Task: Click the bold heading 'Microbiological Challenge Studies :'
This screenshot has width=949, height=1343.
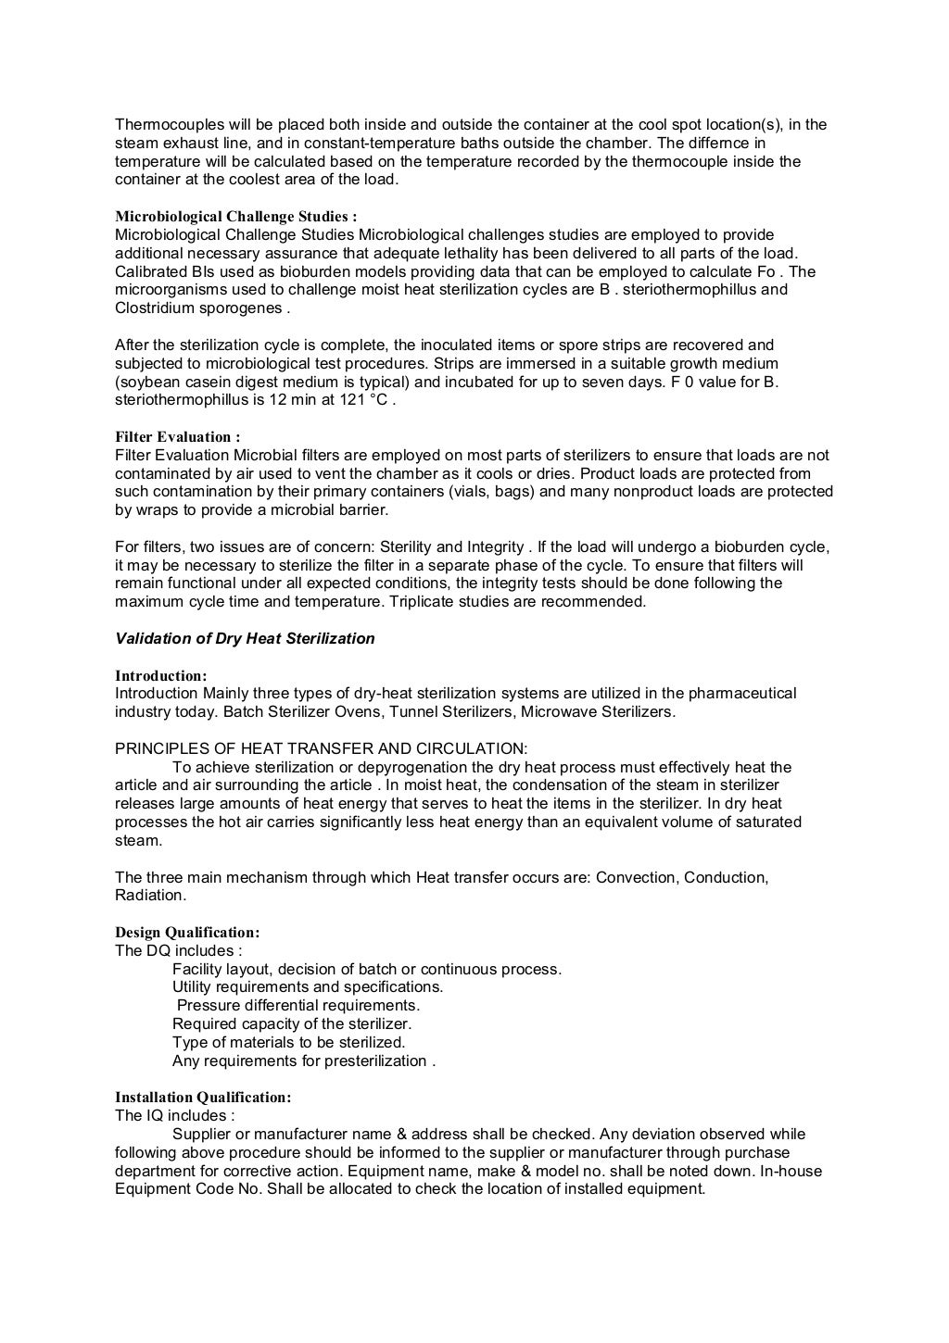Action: (x=235, y=217)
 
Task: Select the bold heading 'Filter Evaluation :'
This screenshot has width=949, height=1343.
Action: (x=177, y=437)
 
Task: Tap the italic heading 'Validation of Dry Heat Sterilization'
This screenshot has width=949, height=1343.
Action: (x=245, y=638)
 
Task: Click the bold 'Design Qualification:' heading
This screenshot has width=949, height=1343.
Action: (x=187, y=933)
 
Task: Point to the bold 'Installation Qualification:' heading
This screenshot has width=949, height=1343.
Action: (x=203, y=1098)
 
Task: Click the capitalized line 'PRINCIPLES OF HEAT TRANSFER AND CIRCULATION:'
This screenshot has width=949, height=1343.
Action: (x=321, y=748)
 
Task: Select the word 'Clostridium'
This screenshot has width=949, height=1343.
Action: (x=153, y=308)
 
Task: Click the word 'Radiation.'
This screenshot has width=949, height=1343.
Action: (x=150, y=896)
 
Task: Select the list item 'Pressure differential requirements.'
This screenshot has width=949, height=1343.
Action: (x=298, y=1006)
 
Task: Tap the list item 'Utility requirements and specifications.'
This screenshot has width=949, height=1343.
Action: (x=308, y=987)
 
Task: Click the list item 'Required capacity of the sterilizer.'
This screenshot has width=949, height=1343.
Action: (x=292, y=1024)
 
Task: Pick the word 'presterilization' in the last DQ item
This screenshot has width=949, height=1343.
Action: (x=375, y=1061)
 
